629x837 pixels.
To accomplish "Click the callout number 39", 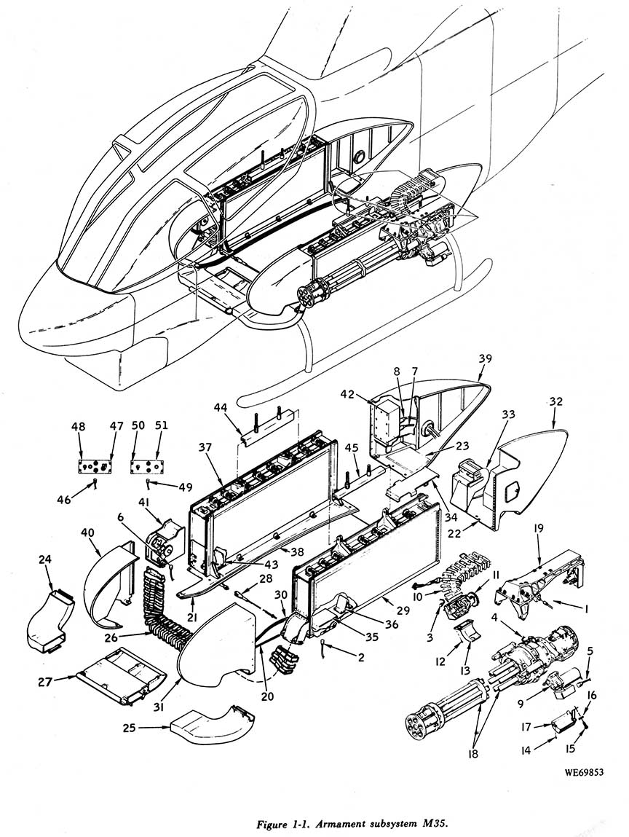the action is tap(486, 358).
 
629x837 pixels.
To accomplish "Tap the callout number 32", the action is tap(555, 401).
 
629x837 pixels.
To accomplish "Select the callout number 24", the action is tap(45, 559).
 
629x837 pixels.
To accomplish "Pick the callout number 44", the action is tap(221, 408).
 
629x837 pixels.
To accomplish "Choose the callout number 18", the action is tap(472, 754).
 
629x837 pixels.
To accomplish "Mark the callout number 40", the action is tap(88, 533).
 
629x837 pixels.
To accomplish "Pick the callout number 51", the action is tap(161, 425).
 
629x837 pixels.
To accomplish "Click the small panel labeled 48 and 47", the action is tap(95, 465).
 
